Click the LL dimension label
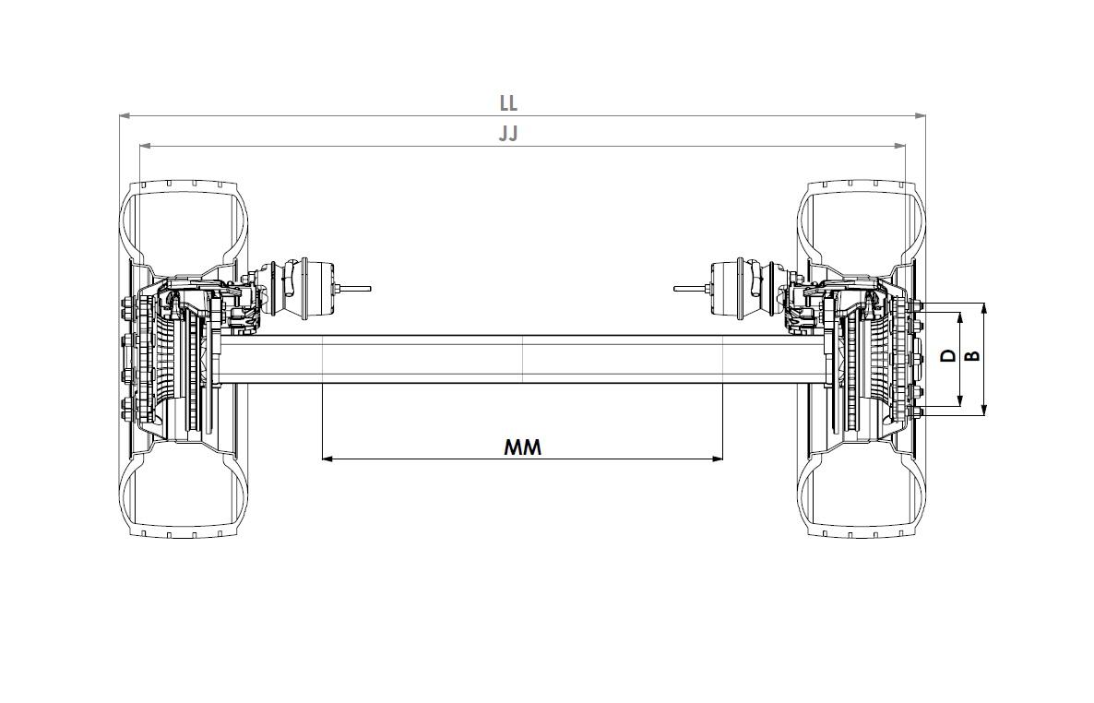pos(508,102)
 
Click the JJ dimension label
pos(508,133)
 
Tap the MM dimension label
pos(522,447)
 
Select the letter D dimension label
pos(948,355)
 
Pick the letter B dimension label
pos(972,355)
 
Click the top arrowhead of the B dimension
pos(984,307)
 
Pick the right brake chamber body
pos(733,288)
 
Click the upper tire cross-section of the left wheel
pos(184,221)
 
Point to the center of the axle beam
pos(522,359)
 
